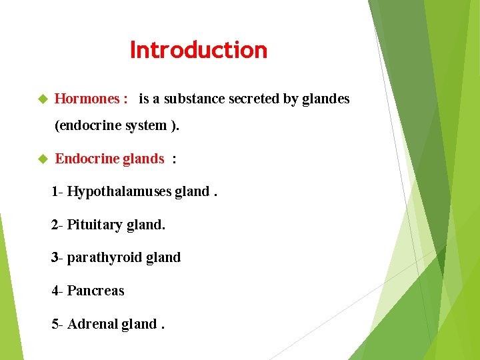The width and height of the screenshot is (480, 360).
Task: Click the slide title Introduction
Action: click(199, 50)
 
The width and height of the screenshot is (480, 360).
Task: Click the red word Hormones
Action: click(87, 99)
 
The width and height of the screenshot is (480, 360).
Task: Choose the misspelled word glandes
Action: click(325, 99)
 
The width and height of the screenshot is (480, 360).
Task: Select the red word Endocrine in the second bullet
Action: click(87, 159)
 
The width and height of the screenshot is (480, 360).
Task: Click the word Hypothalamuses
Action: click(119, 192)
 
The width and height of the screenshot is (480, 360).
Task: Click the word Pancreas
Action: click(95, 291)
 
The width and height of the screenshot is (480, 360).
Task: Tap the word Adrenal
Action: click(92, 324)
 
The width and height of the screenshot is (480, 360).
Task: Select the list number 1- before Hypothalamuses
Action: click(57, 192)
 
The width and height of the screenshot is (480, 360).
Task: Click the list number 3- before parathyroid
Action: click(57, 257)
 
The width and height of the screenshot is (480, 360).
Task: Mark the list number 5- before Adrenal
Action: click(57, 324)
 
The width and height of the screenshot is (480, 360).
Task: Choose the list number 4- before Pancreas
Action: click(57, 291)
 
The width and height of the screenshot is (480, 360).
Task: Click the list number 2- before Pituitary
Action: click(57, 225)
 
